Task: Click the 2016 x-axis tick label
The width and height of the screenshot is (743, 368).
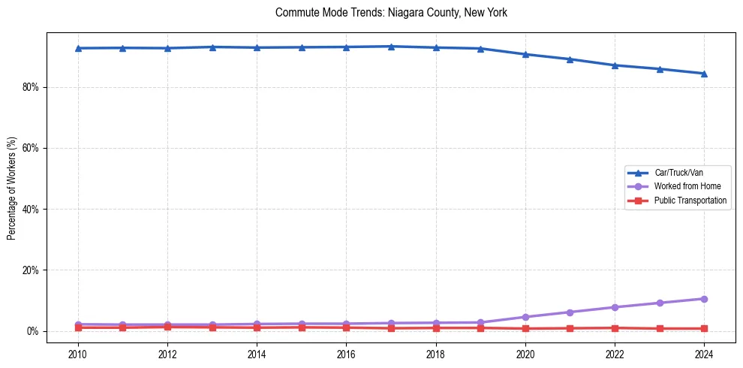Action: click(346, 354)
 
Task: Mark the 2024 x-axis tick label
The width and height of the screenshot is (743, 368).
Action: click(704, 354)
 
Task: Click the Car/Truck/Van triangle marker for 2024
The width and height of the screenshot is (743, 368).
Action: click(704, 74)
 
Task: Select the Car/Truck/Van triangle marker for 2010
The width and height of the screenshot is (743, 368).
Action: click(78, 48)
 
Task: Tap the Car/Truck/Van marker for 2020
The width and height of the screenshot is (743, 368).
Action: click(525, 54)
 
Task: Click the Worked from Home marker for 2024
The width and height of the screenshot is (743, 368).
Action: click(704, 299)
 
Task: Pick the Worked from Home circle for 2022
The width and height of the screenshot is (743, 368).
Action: click(615, 307)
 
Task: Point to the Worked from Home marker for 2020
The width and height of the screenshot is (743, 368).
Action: click(525, 317)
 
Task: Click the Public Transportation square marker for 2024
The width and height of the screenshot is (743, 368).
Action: click(704, 328)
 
